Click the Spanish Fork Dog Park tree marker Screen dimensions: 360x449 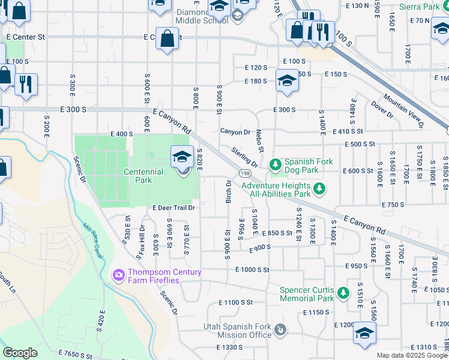pos(276,164)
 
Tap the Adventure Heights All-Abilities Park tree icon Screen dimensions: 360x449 pos(319,190)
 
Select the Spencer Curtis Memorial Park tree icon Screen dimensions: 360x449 pos(343,293)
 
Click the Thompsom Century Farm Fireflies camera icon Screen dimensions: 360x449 pos(118,275)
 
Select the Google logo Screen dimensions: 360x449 pos(20,352)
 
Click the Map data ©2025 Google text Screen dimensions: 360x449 pos(412,355)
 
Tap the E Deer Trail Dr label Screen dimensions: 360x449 pos(174,208)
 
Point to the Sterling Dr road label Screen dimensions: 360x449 pos(245,157)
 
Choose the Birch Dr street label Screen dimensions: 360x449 pos(229,191)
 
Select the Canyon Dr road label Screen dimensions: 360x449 pos(235,131)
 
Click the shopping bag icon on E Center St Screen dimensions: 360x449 pos(167,38)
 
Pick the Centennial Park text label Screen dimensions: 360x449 pos(143,176)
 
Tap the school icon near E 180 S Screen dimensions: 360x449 pos(287,82)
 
